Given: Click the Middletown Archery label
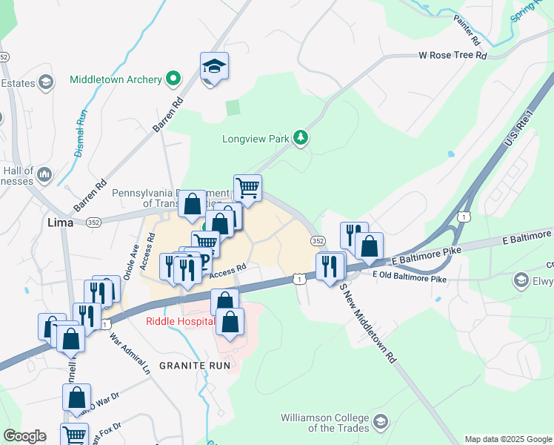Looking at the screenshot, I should coord(116,79).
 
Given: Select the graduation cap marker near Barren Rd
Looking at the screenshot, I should coord(214,67).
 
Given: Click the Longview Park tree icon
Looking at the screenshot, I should coord(301,137).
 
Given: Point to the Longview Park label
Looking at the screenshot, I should coord(256,139).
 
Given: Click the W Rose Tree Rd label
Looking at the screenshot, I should coord(453,55).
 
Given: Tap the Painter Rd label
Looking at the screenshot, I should coord(468,28).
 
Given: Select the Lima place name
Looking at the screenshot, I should coord(60,222).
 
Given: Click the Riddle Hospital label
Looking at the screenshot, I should coord(180,321).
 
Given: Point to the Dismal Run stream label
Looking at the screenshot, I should coord(81,133).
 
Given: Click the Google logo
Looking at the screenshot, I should coord(24,436).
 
